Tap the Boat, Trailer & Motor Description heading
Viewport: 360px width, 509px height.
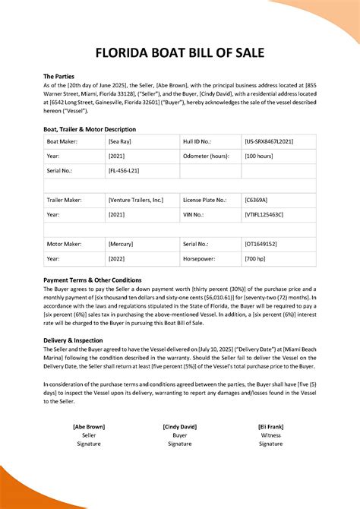90,129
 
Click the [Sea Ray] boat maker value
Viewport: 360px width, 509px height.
121,142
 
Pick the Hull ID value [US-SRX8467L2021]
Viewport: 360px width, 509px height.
270,142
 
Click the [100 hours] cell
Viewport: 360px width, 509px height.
260,156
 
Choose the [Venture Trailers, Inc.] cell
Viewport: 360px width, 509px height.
135,201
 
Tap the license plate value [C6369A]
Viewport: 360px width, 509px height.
256,201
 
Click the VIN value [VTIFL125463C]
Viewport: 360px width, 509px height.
264,215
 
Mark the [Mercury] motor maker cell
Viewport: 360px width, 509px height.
122,245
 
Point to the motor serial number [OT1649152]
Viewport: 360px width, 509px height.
261,245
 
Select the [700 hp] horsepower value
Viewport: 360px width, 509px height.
256,259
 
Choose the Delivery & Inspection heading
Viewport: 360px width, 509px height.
74,340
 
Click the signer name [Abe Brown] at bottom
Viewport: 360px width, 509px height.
90,427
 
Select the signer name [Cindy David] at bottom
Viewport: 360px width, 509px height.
180,427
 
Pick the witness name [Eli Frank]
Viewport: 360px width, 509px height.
270,427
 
